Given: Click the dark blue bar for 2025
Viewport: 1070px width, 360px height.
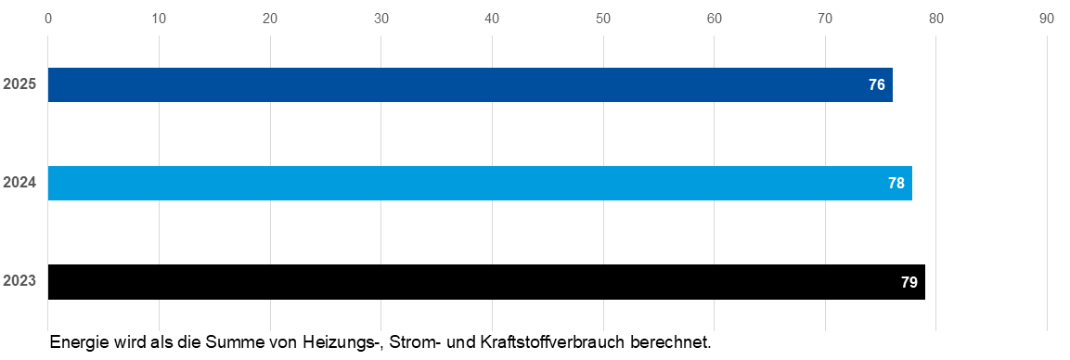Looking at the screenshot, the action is [471, 85].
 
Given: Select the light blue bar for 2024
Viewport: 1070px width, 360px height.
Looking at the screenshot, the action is [480, 184].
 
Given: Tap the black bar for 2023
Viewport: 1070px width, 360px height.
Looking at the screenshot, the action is [486, 282].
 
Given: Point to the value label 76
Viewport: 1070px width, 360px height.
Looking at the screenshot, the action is [877, 85].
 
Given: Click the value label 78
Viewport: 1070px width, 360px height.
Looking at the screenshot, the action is [896, 184].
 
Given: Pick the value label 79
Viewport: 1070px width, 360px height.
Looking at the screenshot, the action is [909, 282].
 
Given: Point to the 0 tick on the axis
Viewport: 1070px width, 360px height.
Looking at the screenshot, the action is [47, 19].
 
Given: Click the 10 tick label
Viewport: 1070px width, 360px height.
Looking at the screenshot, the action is [159, 19].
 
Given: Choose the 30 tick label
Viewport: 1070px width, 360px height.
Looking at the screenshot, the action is [380, 19].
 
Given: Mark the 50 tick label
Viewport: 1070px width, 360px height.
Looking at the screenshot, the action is [603, 19].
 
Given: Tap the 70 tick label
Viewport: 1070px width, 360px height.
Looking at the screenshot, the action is [825, 19].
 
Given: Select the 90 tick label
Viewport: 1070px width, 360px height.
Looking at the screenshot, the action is [1048, 19].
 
